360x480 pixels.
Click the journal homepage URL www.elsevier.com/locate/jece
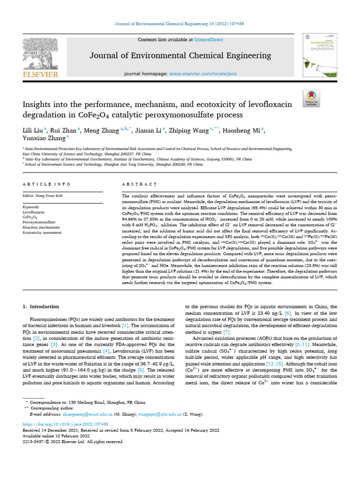click(199, 74)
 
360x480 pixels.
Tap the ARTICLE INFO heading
click(46, 184)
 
